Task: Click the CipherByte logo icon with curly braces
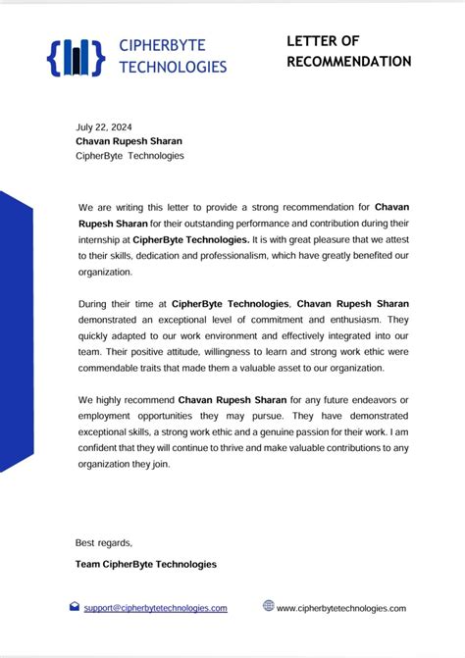75,56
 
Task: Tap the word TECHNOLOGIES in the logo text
173,67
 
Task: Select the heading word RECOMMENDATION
349,61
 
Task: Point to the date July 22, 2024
104,127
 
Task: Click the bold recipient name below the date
129,141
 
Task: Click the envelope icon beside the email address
74,607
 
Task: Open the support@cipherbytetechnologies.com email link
155,608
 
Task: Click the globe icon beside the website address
268,606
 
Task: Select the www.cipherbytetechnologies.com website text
340,608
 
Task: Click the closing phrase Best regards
103,542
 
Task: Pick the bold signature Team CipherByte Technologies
145,564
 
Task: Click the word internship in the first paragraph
100,239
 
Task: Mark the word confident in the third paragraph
102,448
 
